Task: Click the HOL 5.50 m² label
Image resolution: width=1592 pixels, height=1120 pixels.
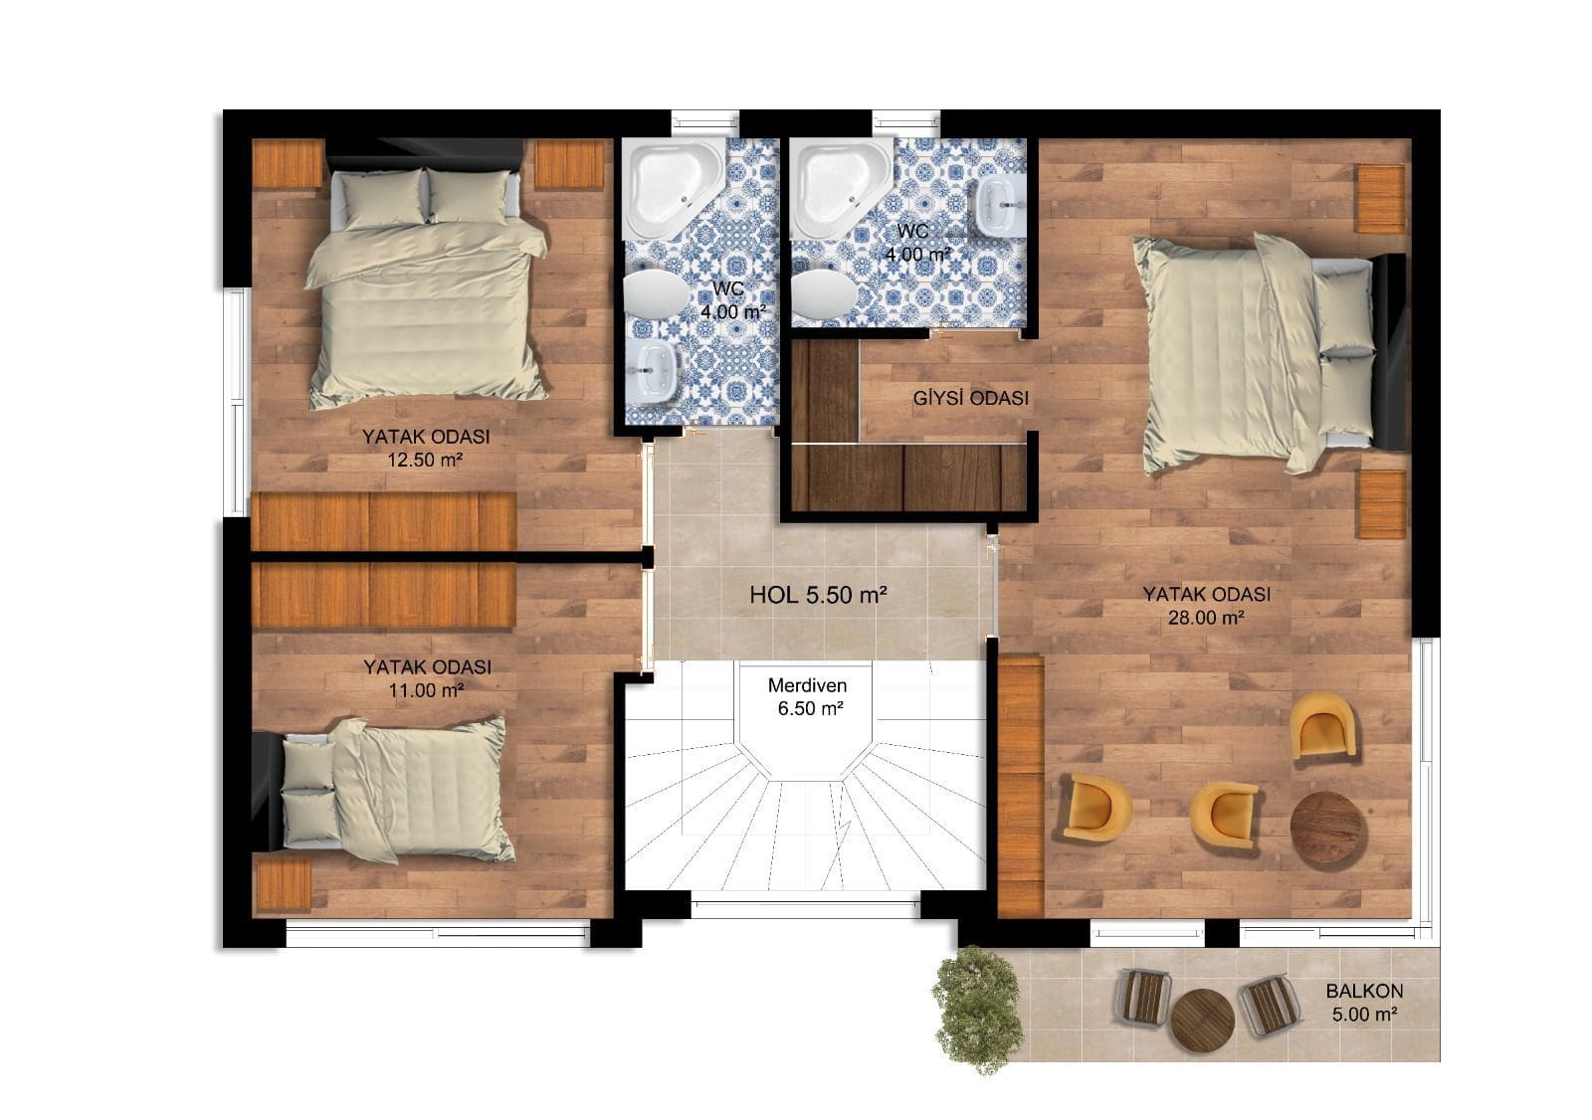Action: click(818, 594)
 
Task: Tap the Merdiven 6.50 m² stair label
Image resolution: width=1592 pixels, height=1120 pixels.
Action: click(808, 696)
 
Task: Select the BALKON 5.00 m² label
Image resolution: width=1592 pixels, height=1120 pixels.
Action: click(1364, 1002)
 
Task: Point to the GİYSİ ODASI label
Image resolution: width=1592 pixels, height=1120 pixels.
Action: click(971, 398)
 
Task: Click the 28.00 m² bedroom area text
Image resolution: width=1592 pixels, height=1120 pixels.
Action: click(1206, 618)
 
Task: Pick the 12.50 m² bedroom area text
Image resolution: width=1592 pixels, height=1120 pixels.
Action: click(425, 460)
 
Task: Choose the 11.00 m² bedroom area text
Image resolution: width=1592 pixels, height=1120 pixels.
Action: click(427, 689)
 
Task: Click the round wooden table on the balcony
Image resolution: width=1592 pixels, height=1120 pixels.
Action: click(1202, 1020)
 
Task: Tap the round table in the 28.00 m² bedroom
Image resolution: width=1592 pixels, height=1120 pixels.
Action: click(1327, 829)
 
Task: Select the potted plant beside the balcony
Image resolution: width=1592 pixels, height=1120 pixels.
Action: click(978, 1009)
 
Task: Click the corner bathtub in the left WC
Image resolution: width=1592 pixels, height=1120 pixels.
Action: click(672, 188)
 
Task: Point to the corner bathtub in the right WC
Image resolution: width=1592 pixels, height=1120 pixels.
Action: click(842, 188)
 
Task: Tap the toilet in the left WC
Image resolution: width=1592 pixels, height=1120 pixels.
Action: click(656, 293)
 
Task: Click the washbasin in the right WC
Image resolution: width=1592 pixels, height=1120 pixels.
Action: click(1001, 205)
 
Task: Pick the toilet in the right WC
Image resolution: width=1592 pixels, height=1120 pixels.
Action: click(824, 293)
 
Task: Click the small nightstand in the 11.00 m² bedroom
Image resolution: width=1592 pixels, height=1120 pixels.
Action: click(284, 885)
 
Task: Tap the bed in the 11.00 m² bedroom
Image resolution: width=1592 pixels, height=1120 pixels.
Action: click(384, 790)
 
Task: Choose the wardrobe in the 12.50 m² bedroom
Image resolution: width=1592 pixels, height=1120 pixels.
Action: click(384, 521)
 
